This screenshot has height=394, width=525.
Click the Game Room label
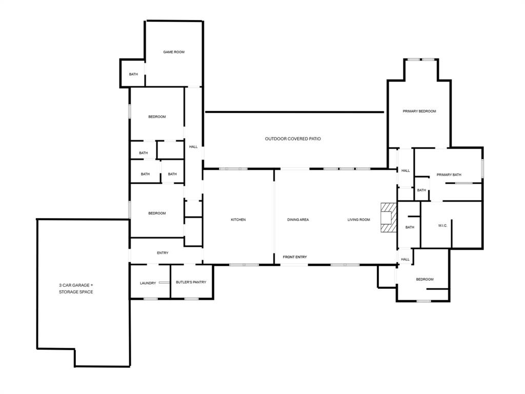click(x=174, y=52)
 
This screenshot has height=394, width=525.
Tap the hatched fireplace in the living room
click(x=389, y=218)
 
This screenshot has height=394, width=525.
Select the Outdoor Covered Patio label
click(x=293, y=139)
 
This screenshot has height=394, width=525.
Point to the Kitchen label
click(x=238, y=220)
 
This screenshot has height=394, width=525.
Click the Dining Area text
click(x=298, y=220)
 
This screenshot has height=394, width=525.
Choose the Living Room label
click(x=358, y=220)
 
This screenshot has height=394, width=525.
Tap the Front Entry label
click(x=295, y=257)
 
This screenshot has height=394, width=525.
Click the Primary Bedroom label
click(x=419, y=111)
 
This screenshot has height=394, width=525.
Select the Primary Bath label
click(x=449, y=175)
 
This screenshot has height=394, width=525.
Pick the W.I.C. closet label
click(x=442, y=226)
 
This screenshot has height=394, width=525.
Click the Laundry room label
click(x=148, y=283)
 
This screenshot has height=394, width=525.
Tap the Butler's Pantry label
click(x=191, y=282)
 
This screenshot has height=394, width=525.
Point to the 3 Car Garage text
click(x=76, y=285)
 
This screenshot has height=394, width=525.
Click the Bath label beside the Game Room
click(x=133, y=74)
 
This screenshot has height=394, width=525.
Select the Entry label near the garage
click(x=163, y=253)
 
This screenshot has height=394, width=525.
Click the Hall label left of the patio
click(x=193, y=147)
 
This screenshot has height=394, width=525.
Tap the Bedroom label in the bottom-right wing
click(x=425, y=279)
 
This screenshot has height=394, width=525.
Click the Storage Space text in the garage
click(x=76, y=292)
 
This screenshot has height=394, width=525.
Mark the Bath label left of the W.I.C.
click(x=410, y=227)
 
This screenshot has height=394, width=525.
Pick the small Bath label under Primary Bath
click(x=421, y=190)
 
